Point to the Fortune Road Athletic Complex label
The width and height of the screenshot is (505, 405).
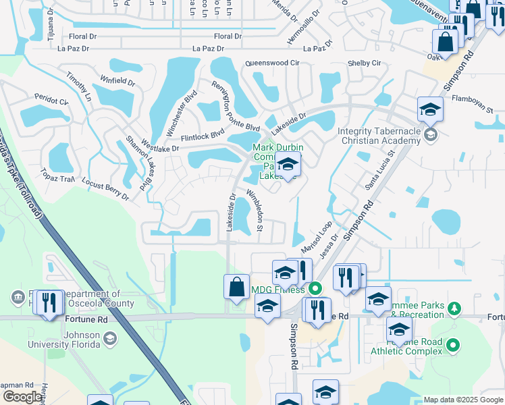coord(406,346)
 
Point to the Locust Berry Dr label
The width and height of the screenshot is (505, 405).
coord(105,190)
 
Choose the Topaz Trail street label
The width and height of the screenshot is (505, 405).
coord(57,176)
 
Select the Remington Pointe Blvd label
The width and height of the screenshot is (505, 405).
coord(235,106)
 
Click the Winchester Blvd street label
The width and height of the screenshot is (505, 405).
coord(180,112)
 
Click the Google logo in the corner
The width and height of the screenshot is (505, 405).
coord(22,397)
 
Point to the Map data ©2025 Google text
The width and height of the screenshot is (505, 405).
coord(462,400)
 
